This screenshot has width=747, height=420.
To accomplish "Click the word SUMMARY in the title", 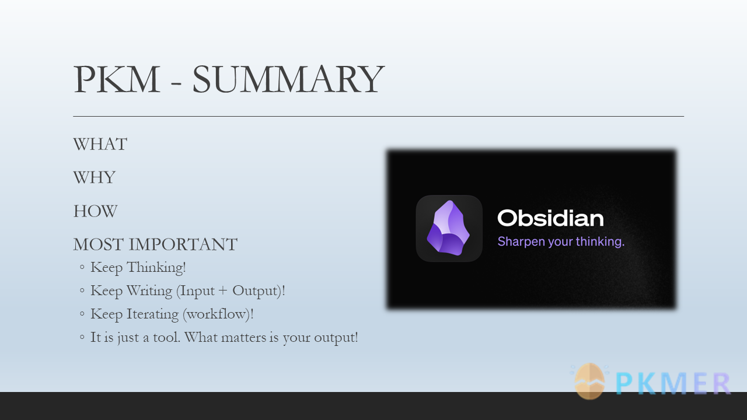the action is tap(288, 79).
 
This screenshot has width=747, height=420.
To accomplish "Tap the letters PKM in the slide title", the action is tap(117, 79).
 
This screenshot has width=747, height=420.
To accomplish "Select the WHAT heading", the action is tap(100, 144).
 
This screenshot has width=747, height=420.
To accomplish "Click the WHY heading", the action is tap(95, 177).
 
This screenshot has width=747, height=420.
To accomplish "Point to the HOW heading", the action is tap(95, 211).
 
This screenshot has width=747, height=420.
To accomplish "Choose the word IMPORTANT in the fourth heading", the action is tap(183, 244).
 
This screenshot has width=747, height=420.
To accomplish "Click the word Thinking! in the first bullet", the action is tap(156, 267).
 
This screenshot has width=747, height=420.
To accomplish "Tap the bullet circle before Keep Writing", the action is tap(82, 290).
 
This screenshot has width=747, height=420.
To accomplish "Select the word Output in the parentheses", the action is tap(255, 290).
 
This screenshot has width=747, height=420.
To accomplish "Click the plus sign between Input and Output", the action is tap(223, 290).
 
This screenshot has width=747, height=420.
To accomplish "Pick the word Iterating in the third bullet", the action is tap(152, 314).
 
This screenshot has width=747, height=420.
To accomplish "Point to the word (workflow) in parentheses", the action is tap(217, 314).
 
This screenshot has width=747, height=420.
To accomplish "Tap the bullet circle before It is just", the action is tap(82, 337).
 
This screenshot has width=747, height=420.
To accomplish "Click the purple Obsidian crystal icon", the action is tap(448, 228).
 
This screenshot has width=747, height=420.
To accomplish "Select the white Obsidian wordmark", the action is tap(550, 218).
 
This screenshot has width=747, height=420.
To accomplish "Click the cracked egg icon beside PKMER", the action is tap(589, 381).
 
